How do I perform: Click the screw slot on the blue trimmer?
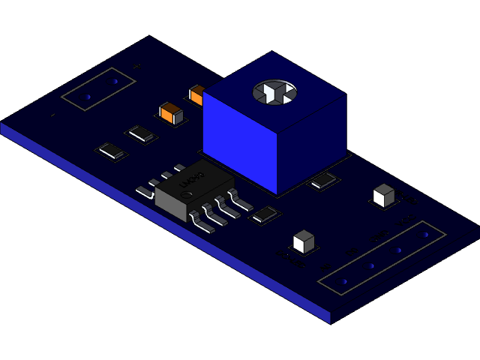274,92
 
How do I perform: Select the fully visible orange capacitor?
171,113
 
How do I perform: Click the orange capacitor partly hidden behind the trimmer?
197,95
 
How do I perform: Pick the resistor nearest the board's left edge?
112,151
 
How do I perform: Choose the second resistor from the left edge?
141,134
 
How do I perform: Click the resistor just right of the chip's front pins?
265,215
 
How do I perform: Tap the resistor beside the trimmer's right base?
324,180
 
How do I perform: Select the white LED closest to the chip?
304,241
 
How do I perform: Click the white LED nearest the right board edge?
383,195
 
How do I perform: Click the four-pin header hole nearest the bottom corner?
344,281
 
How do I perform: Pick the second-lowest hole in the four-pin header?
371,265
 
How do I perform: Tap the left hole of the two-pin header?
88,97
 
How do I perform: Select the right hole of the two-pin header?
115,81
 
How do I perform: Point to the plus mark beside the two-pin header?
136,67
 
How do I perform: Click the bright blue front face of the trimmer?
240,142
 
